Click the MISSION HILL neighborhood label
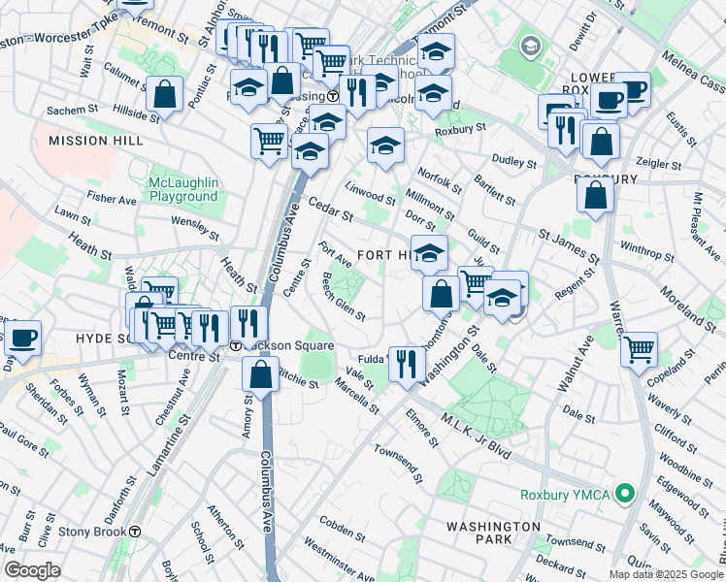(x=95, y=141)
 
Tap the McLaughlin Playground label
(x=183, y=189)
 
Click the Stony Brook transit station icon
(x=136, y=532)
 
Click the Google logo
(x=32, y=570)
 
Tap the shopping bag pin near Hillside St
(x=165, y=95)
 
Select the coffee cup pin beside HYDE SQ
(x=21, y=339)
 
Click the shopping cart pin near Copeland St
(x=639, y=349)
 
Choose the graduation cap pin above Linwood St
(x=385, y=145)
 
